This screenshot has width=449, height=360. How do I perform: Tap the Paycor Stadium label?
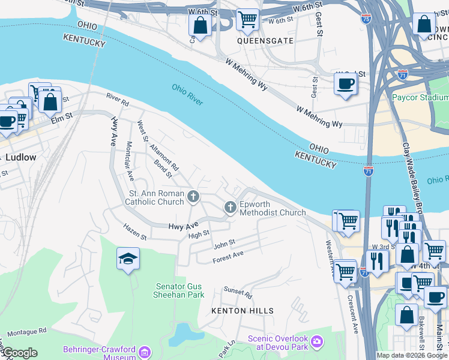[420, 97]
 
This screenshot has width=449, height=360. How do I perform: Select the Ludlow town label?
[21, 157]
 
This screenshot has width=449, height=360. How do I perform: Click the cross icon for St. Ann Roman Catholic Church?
[193, 196]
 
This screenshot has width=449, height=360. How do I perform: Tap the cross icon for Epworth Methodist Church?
[230, 208]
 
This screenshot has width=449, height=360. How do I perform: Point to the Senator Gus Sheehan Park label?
[180, 290]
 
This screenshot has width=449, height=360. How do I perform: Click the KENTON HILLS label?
[243, 311]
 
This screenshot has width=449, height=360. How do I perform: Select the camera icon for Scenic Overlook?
[318, 343]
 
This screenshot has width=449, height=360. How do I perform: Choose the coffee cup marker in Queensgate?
[345, 83]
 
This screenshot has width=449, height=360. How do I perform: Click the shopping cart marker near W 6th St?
[247, 19]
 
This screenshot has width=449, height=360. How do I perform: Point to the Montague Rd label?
[27, 331]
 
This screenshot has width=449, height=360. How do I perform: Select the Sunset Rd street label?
[238, 292]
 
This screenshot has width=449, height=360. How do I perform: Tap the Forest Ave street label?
[228, 257]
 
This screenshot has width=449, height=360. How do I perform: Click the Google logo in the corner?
[19, 353]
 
